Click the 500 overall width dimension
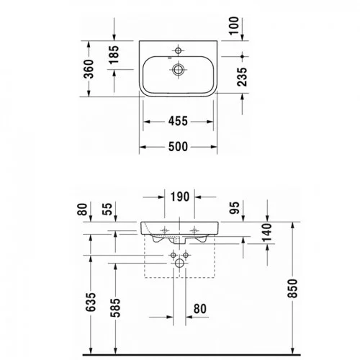click(178, 147)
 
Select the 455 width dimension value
click(178, 121)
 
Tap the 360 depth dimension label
click(89, 69)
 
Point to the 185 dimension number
click(114, 55)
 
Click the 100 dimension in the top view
click(234, 26)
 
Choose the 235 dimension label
click(242, 77)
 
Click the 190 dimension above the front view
click(180, 197)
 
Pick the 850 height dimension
click(292, 289)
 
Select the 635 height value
click(91, 302)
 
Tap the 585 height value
click(115, 308)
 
